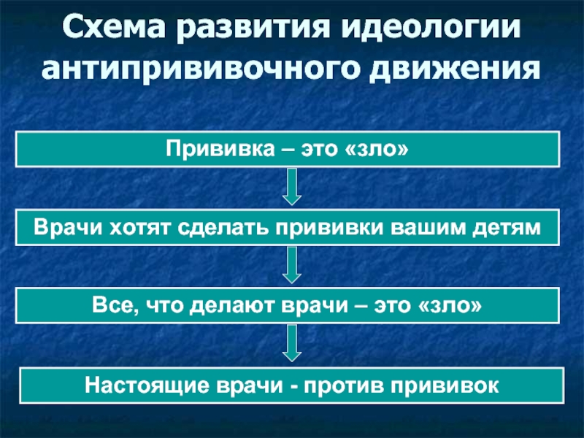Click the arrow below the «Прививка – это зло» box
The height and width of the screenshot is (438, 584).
point(292,187)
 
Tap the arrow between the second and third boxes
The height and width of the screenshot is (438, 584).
point(292,265)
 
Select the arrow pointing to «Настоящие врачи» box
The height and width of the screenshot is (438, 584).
point(292,343)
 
